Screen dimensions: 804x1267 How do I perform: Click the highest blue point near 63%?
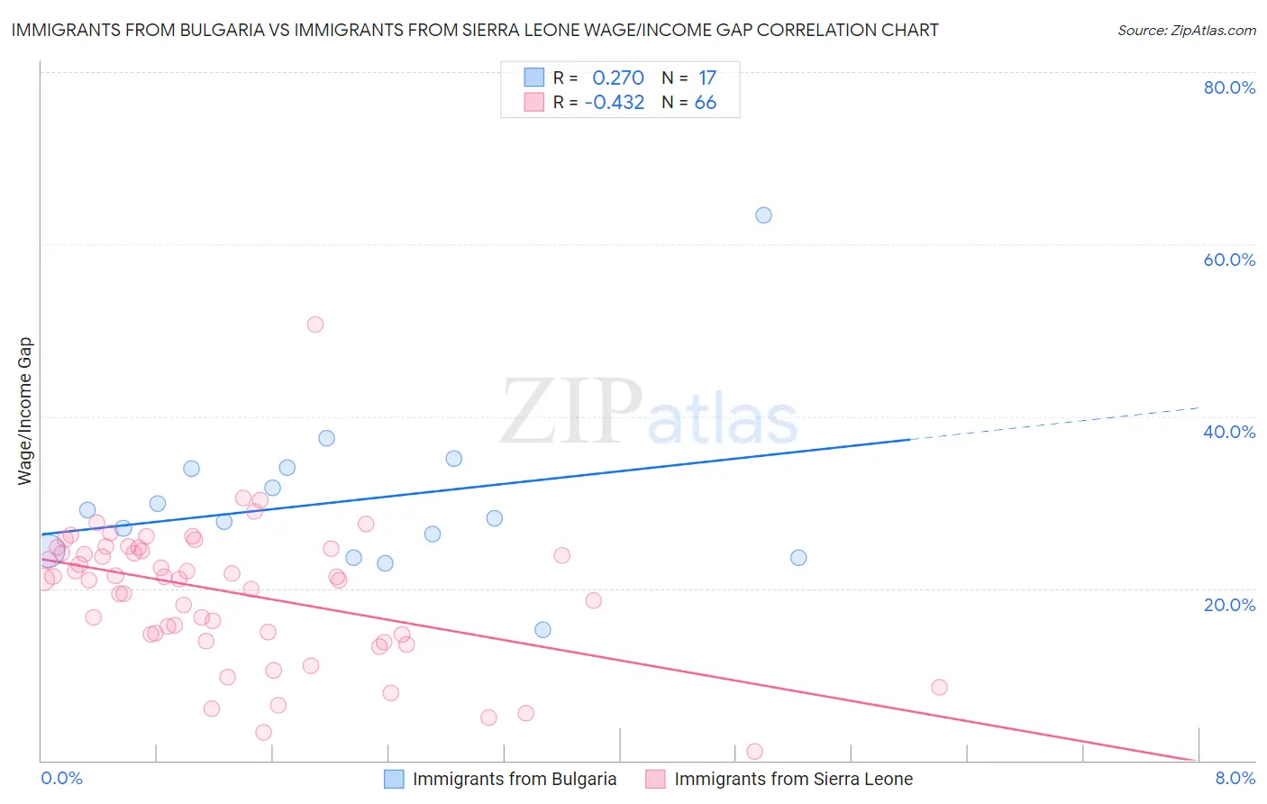[x=763, y=215]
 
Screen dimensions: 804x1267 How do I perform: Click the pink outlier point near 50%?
[x=314, y=324]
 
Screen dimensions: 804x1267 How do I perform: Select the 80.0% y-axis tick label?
[x=1229, y=87]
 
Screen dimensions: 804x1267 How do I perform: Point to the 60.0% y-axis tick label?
[x=1229, y=260]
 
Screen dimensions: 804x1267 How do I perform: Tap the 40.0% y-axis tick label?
[x=1229, y=432]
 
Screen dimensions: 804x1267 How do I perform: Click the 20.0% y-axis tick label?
[x=1229, y=605]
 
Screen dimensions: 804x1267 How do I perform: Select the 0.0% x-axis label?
[x=62, y=779]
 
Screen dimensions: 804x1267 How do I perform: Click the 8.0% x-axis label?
[x=1235, y=779]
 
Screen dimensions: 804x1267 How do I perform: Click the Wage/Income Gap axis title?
[x=25, y=411]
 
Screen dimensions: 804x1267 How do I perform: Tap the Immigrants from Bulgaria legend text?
[x=515, y=780]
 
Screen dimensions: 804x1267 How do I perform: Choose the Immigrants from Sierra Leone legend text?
[x=793, y=780]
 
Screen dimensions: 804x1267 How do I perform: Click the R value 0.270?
[x=618, y=78]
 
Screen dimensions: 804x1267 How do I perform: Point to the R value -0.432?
[x=615, y=103]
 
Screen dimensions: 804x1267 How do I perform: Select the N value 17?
[x=707, y=78]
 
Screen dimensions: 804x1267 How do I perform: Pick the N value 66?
[x=706, y=103]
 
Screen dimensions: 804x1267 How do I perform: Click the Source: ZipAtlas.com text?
[x=1186, y=31]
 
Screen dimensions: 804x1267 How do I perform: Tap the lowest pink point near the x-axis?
[x=755, y=752]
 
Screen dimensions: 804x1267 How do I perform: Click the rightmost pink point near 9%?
[x=939, y=687]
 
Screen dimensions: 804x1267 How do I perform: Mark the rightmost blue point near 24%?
[x=798, y=558]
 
